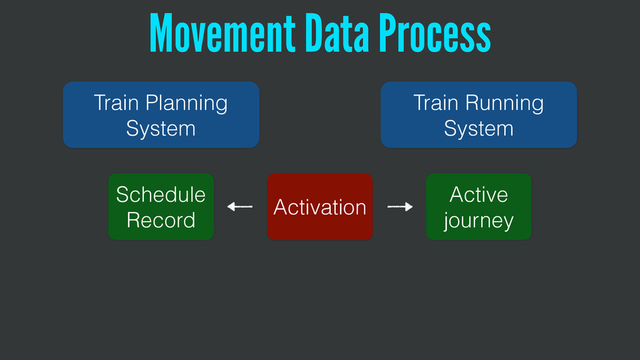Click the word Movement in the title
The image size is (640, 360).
(x=222, y=33)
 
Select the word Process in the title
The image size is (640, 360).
(x=435, y=33)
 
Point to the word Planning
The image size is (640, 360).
(x=186, y=104)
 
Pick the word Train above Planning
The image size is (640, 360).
(x=116, y=102)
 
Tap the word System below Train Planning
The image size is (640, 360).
(x=161, y=129)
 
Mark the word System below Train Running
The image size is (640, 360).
(x=479, y=129)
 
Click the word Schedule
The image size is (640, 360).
(x=161, y=194)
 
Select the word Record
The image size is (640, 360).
(x=161, y=221)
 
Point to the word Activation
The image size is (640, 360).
(x=320, y=207)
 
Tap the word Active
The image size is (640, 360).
(x=479, y=194)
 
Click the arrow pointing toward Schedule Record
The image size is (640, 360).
(x=240, y=206)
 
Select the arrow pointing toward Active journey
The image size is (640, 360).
(x=400, y=206)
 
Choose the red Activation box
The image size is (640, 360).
(x=320, y=206)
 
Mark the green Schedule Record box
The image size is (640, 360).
(x=161, y=206)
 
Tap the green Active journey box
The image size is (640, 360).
(x=479, y=206)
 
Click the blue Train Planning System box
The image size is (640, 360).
(x=161, y=115)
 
